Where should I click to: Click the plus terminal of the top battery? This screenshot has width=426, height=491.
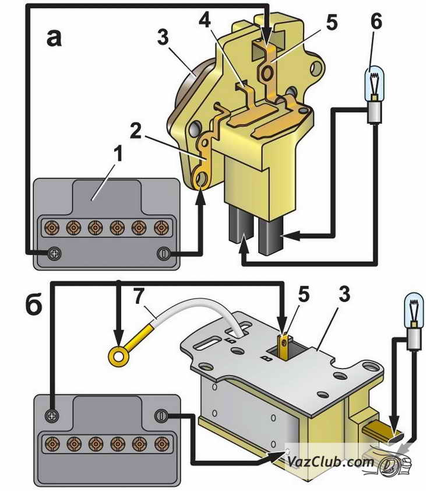[x=54, y=254]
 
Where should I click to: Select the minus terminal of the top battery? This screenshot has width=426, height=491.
[x=164, y=254]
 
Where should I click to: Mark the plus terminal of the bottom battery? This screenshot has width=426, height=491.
[x=52, y=415]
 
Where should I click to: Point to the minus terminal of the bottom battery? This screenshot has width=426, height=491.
[x=161, y=415]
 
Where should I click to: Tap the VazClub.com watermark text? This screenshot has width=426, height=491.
[x=330, y=462]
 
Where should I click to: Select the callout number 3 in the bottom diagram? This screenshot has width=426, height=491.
[x=344, y=294]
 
